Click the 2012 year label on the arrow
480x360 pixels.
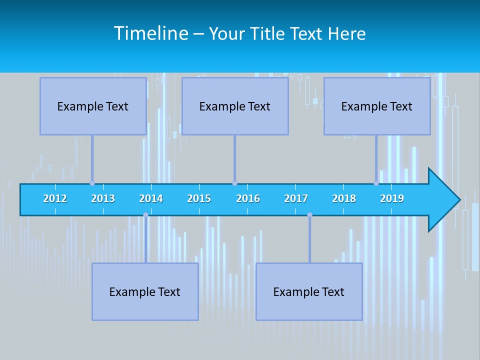click(x=55, y=198)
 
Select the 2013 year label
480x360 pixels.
click(x=103, y=198)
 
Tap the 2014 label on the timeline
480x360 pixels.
click(x=151, y=198)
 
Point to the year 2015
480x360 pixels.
click(x=199, y=198)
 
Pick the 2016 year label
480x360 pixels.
click(x=248, y=198)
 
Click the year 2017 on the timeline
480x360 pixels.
click(x=296, y=198)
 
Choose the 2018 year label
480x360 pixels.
click(x=344, y=198)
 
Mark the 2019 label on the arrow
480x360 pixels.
click(x=392, y=198)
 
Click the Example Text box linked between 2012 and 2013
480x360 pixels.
click(x=93, y=106)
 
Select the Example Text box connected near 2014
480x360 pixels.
click(x=145, y=292)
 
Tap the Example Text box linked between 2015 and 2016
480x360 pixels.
click(x=235, y=106)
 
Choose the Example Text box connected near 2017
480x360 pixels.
click(x=309, y=292)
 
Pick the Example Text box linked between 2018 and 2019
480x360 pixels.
click(x=377, y=106)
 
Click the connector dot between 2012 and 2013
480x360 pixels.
click(x=92, y=183)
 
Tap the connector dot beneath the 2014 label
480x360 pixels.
click(x=145, y=215)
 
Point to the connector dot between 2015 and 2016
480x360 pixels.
click(x=234, y=183)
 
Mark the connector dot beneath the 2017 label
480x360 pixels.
click(x=309, y=215)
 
